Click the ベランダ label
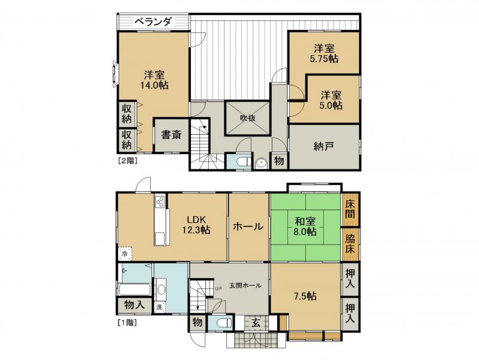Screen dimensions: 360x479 coord(153,22)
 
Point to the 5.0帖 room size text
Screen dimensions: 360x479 coord(331,100)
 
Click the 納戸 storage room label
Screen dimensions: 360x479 coord(324,146)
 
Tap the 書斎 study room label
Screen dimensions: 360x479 coord(171,135)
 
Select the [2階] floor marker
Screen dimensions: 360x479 coord(126,160)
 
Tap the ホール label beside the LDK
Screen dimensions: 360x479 coord(248,226)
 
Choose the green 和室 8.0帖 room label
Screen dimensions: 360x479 coord(305,227)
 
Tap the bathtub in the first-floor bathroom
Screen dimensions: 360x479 coord(135,290)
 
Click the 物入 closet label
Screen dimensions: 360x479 coord(134,305)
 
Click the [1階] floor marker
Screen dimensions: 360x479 coord(126,322)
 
